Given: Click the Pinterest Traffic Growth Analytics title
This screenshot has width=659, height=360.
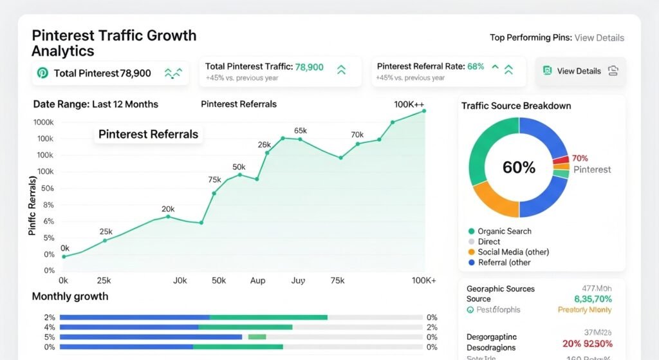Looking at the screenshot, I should point(114,43).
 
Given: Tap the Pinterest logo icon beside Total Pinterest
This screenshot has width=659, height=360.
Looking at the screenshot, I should point(43,73).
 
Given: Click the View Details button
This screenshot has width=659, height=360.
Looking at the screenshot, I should point(580,71).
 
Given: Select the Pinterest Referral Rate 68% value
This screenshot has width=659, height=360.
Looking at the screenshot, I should point(476,66).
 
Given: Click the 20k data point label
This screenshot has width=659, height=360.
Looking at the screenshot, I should point(168,209).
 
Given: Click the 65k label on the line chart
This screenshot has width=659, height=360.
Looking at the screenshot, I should point(301,131).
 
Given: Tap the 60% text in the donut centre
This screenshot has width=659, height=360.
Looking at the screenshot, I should point(519,167).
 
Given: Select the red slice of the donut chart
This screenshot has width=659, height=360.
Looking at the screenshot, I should point(561,160).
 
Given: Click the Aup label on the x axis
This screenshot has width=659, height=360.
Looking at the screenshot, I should point(257,281).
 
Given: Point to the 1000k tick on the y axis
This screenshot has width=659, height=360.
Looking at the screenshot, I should point(44,122).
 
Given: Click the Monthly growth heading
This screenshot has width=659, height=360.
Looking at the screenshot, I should point(70,296).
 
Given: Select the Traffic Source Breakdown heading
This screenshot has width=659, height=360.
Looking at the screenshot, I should point(516,106).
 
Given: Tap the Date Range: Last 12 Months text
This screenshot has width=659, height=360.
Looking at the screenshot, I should point(95,104).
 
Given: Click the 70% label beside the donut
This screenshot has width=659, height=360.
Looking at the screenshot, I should point(580,158).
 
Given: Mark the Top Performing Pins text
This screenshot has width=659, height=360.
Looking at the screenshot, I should point(530,37).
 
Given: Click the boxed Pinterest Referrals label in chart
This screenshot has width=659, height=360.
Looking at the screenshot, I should point(148,135).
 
